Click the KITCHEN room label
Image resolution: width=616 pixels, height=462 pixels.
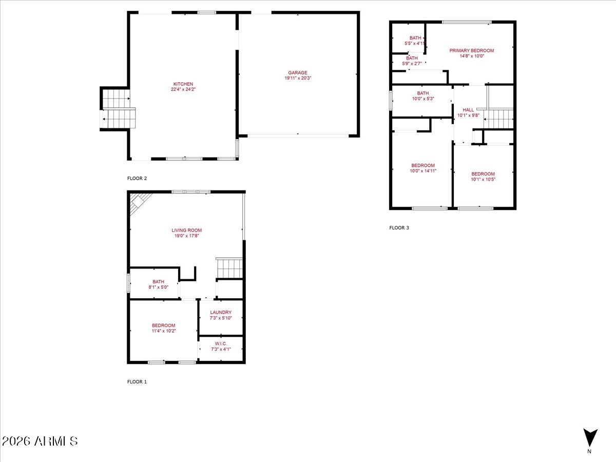(183, 84)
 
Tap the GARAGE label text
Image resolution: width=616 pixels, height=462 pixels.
(297, 73)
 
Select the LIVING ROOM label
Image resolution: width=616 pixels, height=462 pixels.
(187, 230)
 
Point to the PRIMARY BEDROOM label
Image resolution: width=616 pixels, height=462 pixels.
(471, 50)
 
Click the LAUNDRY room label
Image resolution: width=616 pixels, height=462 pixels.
(221, 312)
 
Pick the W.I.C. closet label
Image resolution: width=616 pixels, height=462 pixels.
(221, 343)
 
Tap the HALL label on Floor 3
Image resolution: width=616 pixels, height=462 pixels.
(468, 110)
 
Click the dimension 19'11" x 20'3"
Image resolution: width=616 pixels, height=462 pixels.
(298, 78)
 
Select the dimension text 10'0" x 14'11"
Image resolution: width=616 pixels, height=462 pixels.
(423, 171)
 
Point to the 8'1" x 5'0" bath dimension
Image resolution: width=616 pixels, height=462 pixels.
(158, 287)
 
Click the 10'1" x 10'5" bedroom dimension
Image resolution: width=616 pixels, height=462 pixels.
(483, 179)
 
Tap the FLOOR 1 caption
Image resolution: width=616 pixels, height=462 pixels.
(137, 382)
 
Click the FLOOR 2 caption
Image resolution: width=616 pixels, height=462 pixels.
(137, 179)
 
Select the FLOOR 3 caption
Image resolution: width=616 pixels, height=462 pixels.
(399, 228)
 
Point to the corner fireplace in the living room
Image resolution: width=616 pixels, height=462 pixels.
(138, 202)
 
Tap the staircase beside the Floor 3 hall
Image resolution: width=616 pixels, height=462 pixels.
(498, 119)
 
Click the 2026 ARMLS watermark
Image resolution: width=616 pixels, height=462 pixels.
(40, 441)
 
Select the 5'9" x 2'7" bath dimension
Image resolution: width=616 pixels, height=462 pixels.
(412, 64)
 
